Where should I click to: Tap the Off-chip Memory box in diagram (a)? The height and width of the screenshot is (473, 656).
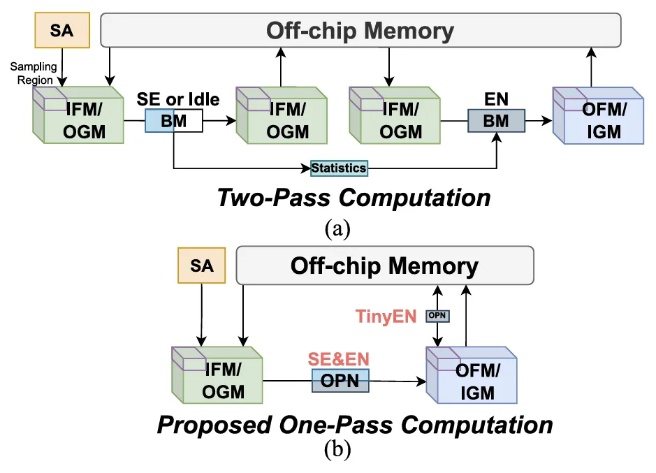(x=361, y=31)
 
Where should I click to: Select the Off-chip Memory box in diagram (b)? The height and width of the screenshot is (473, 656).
(x=385, y=265)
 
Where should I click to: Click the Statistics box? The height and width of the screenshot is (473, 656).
(x=339, y=168)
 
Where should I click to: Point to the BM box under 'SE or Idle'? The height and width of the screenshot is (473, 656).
(x=173, y=121)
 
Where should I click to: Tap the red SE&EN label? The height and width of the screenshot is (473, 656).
(x=339, y=360)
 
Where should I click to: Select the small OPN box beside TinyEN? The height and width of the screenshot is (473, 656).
(x=437, y=316)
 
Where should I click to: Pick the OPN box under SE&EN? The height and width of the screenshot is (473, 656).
(x=340, y=381)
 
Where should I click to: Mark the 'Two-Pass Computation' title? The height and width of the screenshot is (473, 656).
(x=353, y=198)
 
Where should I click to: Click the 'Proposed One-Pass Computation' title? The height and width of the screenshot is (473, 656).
(x=355, y=424)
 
